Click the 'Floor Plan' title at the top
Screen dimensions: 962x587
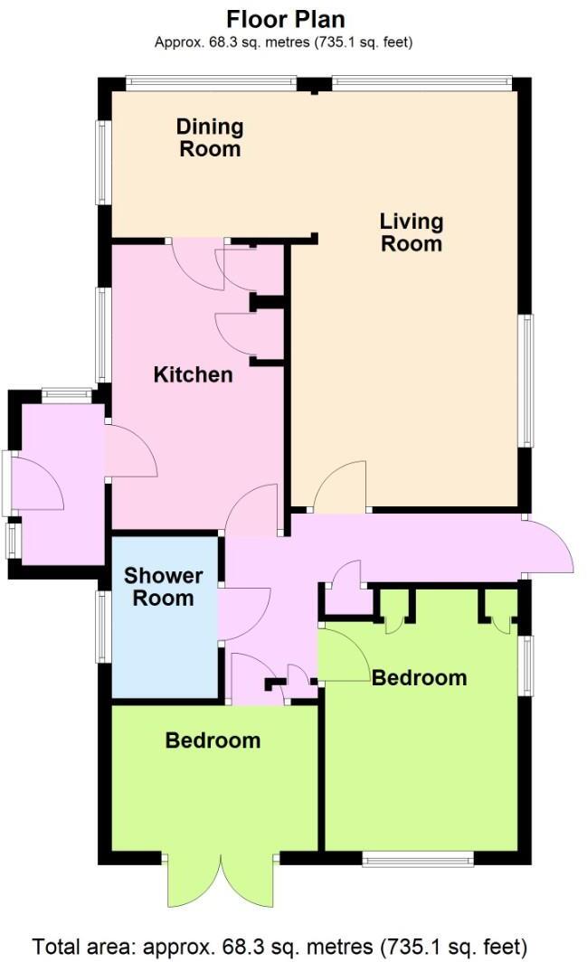(285, 19)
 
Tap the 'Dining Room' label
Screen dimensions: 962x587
(210, 137)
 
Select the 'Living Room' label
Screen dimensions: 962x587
(411, 231)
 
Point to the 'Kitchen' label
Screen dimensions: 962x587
(193, 374)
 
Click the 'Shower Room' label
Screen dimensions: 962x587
(164, 587)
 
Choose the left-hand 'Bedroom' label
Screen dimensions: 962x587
(213, 740)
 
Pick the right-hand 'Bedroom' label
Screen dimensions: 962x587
(420, 677)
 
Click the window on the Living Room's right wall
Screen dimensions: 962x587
(525, 380)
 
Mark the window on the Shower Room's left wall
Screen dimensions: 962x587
(104, 624)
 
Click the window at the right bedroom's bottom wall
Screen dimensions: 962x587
(417, 858)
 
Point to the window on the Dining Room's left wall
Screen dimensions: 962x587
(103, 162)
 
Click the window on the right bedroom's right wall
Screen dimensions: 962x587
(525, 665)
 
